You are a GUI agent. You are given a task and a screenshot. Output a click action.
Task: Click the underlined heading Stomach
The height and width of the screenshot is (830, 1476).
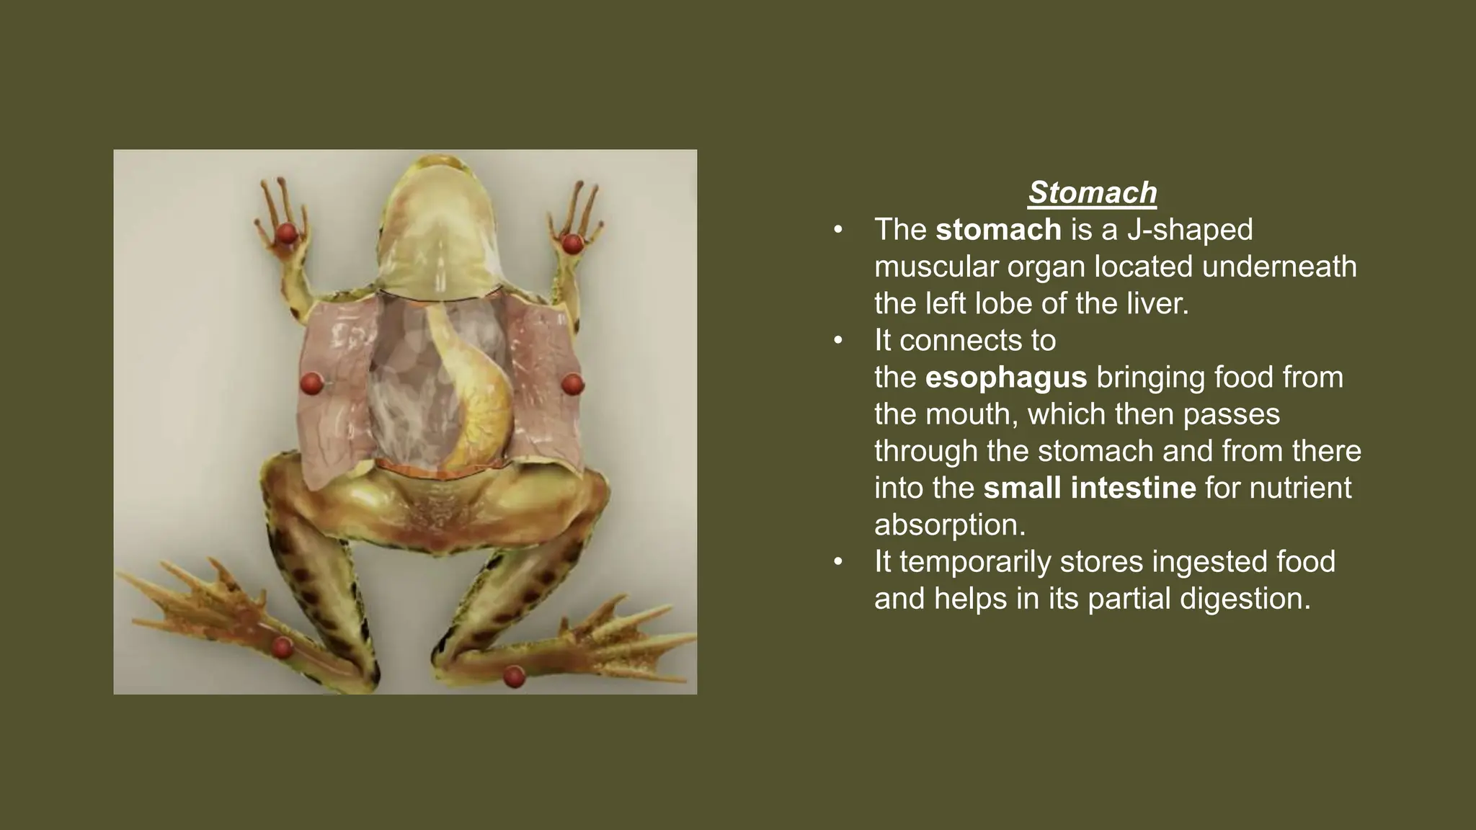tap(1092, 192)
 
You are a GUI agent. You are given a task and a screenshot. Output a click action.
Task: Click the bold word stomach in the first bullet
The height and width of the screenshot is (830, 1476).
tap(998, 230)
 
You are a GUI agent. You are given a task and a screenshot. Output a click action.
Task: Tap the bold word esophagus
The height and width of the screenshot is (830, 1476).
tap(1005, 378)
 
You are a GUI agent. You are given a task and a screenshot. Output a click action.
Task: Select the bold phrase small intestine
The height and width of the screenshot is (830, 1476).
tap(1089, 488)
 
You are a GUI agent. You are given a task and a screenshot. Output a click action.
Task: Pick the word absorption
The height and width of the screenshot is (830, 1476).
tap(949, 525)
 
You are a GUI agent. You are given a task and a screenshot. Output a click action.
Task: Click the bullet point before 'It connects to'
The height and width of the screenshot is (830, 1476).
tap(837, 340)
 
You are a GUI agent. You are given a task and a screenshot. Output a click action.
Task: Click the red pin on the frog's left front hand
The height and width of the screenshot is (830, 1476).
tap(287, 233)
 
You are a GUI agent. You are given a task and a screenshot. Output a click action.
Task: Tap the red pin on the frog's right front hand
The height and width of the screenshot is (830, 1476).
tap(572, 244)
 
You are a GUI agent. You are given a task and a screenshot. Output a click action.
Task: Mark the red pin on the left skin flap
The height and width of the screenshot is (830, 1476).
tap(311, 383)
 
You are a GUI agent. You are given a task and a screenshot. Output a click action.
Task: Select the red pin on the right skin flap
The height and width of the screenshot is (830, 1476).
tap(572, 383)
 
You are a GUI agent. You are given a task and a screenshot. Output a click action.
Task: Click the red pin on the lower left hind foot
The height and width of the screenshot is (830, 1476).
tap(282, 648)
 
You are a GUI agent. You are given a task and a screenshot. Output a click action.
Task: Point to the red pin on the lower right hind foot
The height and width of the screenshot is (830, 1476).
tap(513, 677)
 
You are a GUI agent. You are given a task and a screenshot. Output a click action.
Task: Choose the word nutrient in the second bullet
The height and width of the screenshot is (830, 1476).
tap(1300, 488)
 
